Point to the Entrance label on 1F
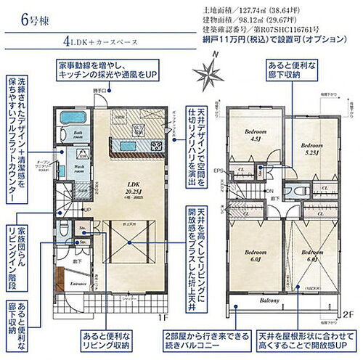pyautogui.click(x=78, y=285)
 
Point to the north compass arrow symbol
pyautogui.click(x=208, y=73)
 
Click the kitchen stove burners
pyautogui.click(x=157, y=145)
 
